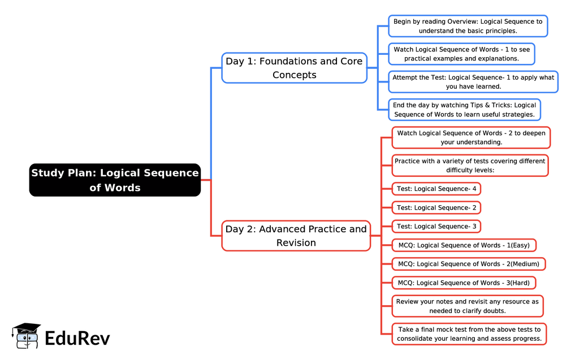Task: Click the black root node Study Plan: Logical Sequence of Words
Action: [x=115, y=180]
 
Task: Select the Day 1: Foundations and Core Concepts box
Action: [x=295, y=68]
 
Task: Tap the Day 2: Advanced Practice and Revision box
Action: [x=296, y=236]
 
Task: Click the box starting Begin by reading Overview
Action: [x=468, y=26]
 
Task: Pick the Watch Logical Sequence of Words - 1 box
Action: [x=461, y=54]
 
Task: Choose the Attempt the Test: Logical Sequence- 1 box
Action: [x=473, y=82]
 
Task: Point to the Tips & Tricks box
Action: [x=464, y=110]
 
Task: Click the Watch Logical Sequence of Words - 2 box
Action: [x=472, y=138]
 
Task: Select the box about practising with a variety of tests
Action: [x=470, y=166]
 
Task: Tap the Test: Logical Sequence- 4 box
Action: [x=436, y=189]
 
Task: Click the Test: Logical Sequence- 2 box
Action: [x=436, y=208]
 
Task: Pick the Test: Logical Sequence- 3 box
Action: [x=436, y=227]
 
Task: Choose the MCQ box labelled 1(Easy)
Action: [x=464, y=245]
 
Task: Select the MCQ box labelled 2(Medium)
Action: [x=469, y=264]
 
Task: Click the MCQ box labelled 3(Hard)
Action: [x=464, y=283]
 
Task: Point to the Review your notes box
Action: [x=467, y=306]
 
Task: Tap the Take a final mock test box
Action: [x=469, y=334]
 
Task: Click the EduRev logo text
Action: [x=77, y=339]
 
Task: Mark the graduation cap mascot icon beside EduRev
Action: [x=26, y=336]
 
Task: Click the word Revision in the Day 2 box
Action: [x=296, y=242]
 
